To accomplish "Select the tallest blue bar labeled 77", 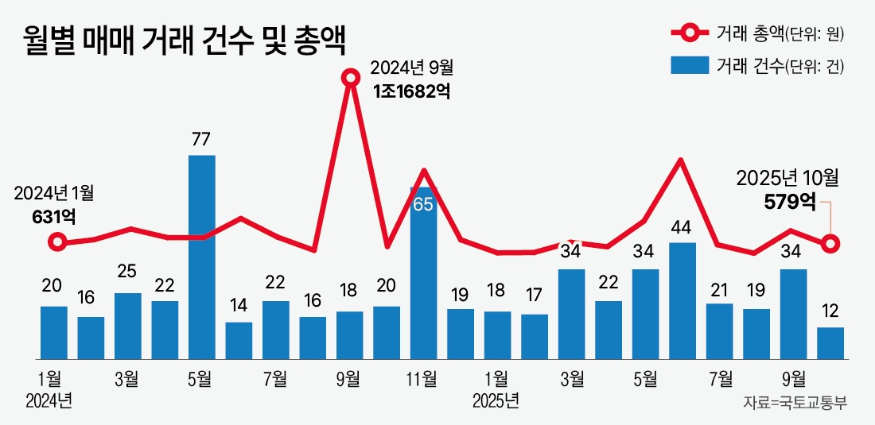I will (x=201, y=256).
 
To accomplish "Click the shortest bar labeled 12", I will (x=830, y=342).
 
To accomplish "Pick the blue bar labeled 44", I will (x=682, y=299).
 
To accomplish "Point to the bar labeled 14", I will (x=239, y=340).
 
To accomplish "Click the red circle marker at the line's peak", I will (x=350, y=78).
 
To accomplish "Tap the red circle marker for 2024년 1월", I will (x=55, y=242).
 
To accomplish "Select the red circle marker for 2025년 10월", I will (x=831, y=243).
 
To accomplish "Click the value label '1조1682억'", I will (x=412, y=91).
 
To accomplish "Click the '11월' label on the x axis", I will (x=422, y=377).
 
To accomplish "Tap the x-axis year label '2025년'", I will (x=496, y=399).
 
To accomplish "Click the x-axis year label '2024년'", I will (x=49, y=399).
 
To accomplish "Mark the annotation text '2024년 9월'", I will (x=413, y=67).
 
